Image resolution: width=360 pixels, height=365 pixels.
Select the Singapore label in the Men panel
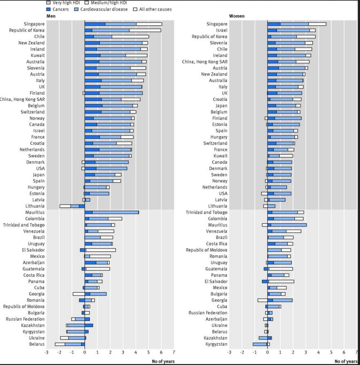coord(34,24)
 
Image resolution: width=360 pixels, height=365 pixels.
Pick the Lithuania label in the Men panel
coord(36,206)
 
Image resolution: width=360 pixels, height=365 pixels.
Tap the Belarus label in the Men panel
coord(37,344)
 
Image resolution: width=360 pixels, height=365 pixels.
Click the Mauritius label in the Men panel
coord(35,212)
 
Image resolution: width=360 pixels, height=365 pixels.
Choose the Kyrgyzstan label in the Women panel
coord(216,344)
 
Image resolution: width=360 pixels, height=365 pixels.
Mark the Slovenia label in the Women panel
coord(218,43)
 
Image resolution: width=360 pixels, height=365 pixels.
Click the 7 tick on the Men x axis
coord(174,352)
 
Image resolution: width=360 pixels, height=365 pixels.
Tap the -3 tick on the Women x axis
coord(229,352)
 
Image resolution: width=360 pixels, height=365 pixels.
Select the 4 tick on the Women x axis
coord(318,352)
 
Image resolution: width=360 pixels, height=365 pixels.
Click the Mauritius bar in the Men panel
coord(112,212)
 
